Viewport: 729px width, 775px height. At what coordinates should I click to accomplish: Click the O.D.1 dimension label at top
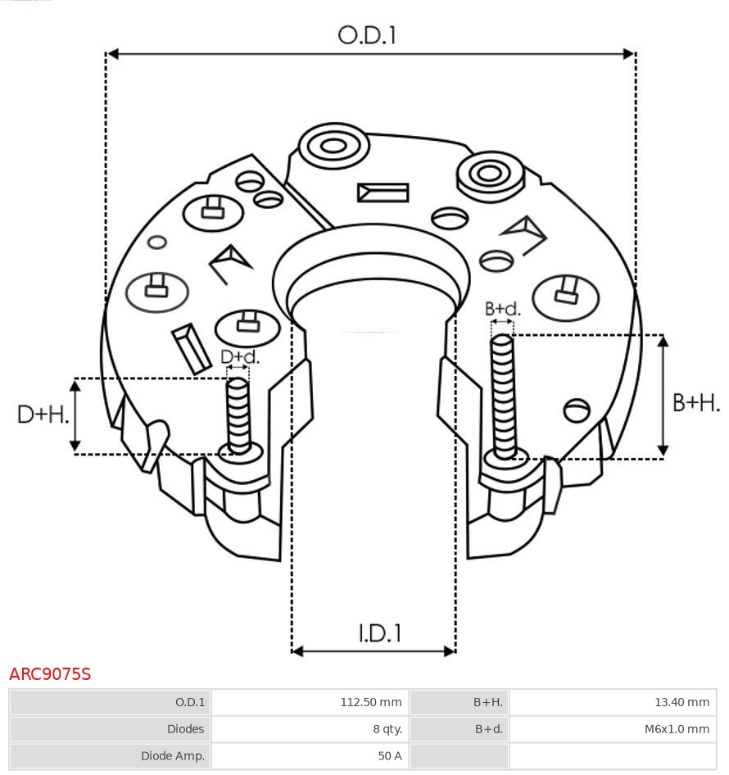(367, 35)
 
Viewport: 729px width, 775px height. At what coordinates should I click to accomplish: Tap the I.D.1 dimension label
(379, 633)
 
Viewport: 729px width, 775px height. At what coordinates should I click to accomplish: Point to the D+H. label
(43, 415)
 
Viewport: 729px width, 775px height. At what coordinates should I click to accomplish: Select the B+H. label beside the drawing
(695, 402)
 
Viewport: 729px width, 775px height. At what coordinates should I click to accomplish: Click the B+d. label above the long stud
(502, 309)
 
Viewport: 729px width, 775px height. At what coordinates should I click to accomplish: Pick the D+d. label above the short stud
(239, 356)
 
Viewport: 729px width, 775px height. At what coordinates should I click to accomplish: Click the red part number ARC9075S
(50, 674)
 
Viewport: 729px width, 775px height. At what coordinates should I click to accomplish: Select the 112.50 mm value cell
(371, 702)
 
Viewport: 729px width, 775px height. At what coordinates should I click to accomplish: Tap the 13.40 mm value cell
(681, 702)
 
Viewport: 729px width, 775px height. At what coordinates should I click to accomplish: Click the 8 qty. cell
(387, 728)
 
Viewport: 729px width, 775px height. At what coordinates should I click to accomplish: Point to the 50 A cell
(389, 755)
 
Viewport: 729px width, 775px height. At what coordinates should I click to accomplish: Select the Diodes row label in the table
(185, 728)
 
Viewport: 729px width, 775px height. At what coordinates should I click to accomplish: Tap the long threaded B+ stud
(503, 393)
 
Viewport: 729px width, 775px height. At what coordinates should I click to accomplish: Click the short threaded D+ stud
(238, 414)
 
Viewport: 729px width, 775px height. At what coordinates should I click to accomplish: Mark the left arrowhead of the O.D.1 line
(113, 54)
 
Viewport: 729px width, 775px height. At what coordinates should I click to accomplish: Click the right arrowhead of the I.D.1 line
(449, 651)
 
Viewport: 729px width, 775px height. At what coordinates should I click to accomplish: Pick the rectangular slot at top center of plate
(383, 193)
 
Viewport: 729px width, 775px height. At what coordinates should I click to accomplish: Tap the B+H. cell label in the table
(487, 702)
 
